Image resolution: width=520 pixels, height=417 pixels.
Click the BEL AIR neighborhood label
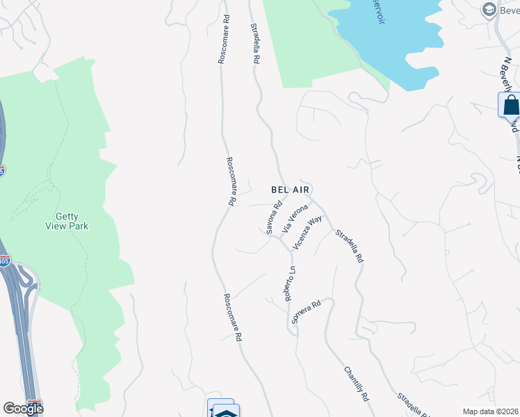pos(290,189)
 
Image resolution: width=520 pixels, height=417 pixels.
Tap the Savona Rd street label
pos(274,217)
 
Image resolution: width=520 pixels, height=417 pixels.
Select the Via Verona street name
pos(294,218)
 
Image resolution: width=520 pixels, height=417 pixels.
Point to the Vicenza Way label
pos(307,232)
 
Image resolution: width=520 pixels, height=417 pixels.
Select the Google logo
pos(22,409)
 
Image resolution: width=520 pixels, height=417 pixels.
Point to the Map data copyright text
pos(491,411)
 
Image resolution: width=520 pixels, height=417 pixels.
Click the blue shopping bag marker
pos(510,105)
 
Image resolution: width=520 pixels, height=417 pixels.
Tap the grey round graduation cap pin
pos(489,10)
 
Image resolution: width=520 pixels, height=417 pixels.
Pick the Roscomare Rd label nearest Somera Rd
pos(231,316)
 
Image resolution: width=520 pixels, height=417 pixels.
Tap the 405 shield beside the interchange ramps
pos(5,261)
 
